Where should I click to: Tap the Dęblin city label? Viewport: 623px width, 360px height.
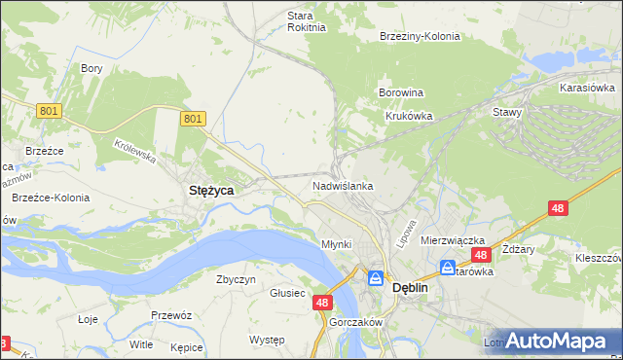[411, 288]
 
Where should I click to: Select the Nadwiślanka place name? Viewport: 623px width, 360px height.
[343, 185]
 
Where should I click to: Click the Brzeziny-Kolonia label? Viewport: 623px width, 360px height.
[420, 36]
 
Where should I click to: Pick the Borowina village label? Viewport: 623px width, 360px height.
[401, 93]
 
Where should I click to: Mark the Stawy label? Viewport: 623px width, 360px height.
[508, 112]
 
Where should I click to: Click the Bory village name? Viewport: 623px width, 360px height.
[92, 68]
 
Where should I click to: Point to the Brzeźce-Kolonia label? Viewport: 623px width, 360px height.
[51, 198]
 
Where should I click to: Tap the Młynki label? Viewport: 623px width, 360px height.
[336, 243]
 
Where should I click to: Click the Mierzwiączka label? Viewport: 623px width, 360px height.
[453, 239]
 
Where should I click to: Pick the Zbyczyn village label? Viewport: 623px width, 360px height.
[236, 279]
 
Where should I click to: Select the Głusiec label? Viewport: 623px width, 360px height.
[287, 293]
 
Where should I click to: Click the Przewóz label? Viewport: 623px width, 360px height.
[169, 315]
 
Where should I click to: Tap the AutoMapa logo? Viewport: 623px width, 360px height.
[554, 340]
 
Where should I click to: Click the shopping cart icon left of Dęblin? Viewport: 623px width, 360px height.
[375, 279]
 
